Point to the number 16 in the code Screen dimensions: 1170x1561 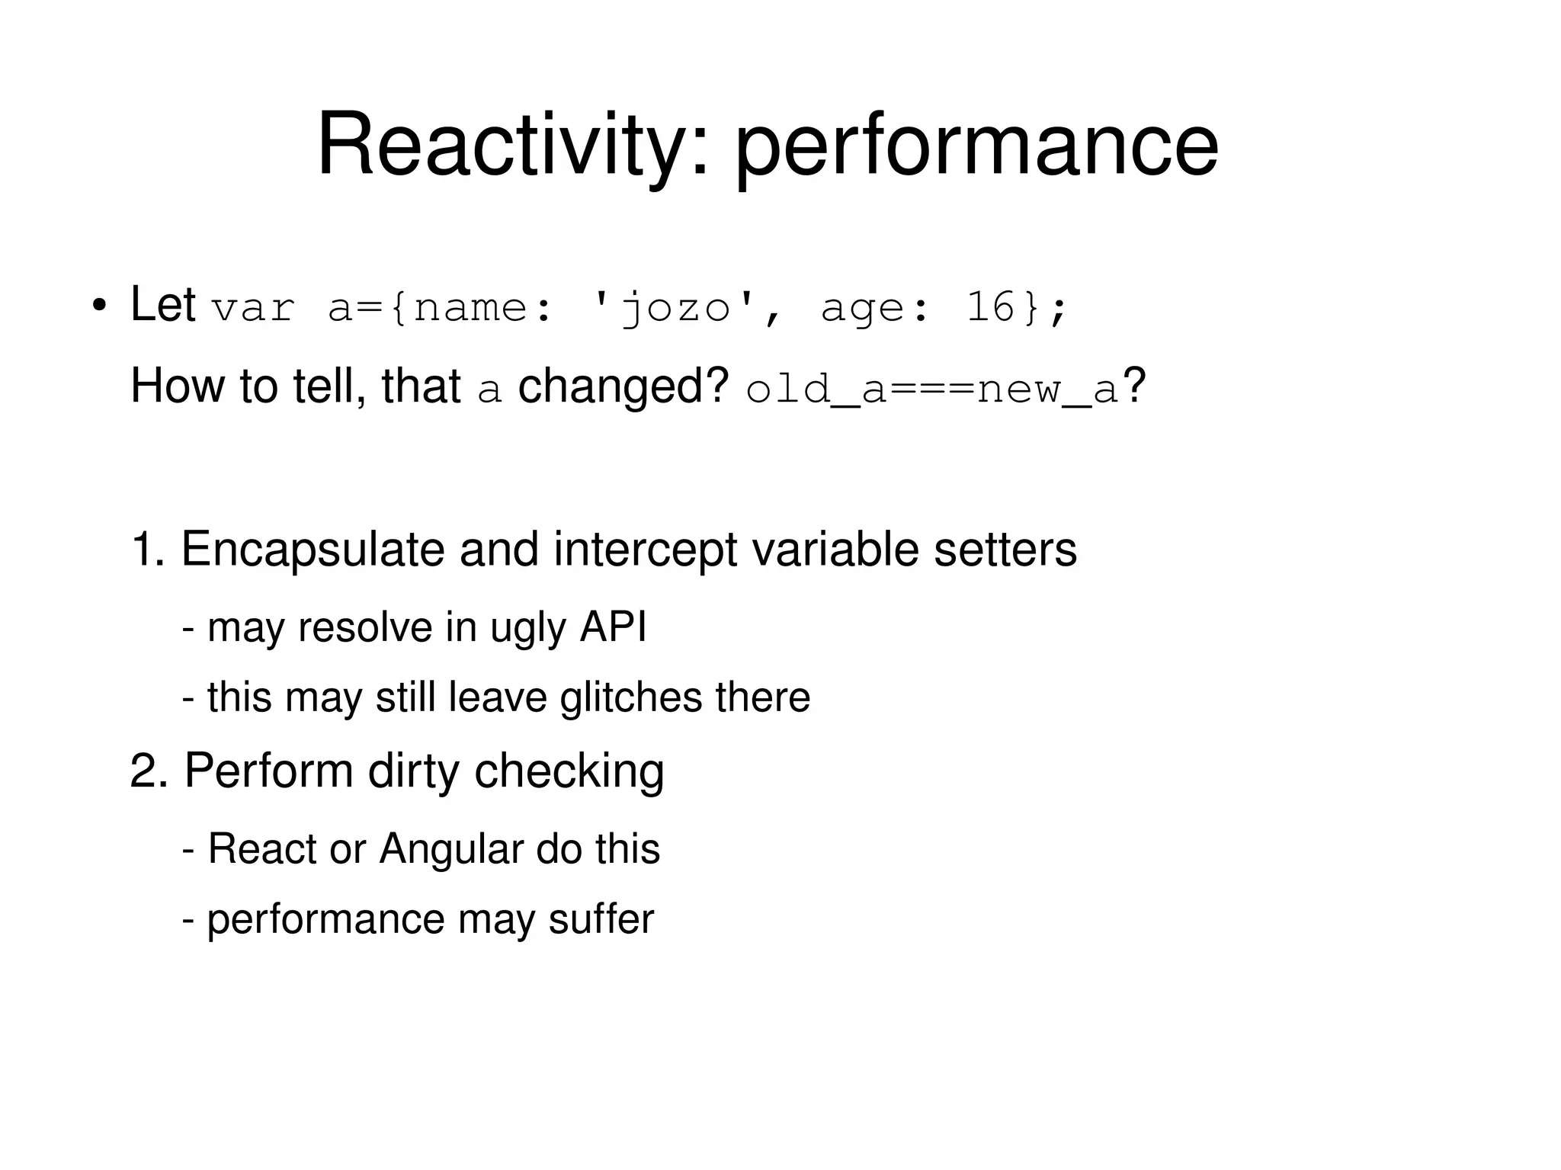(x=990, y=306)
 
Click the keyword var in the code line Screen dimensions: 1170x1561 (x=253, y=308)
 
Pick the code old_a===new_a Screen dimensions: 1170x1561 (x=931, y=389)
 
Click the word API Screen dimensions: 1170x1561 (x=613, y=627)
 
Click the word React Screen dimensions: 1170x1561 (x=261, y=848)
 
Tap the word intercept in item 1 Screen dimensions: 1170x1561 (x=645, y=550)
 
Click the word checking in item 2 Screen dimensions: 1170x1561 (x=569, y=771)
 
